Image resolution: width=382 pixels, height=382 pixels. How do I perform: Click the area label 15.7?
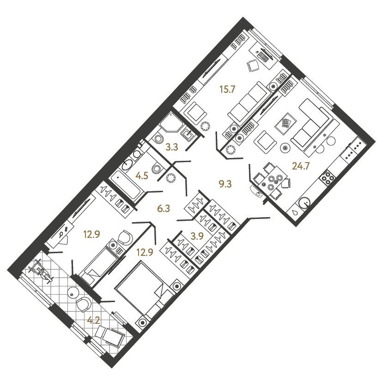tap(227, 90)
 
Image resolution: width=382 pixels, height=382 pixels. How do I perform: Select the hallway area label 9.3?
tap(225, 184)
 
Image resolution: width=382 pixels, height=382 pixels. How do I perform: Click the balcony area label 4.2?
tap(94, 321)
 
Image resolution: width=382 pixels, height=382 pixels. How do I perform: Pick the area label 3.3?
tap(172, 147)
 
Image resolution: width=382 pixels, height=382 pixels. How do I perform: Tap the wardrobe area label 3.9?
tap(197, 236)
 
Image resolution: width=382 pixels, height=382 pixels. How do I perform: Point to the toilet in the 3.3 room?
tap(158, 139)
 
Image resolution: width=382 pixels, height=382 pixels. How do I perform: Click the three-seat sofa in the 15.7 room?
tap(249, 104)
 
